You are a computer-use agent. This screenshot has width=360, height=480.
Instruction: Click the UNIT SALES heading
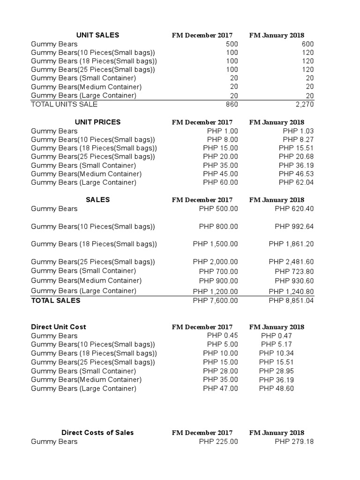point(97,35)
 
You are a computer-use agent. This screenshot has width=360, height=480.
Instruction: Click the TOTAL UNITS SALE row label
point(64,105)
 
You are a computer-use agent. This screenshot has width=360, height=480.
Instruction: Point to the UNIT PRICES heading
point(97,122)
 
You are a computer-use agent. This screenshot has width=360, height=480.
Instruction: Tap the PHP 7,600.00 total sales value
point(215,300)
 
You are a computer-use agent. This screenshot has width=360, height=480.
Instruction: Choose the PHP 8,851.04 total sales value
point(291,300)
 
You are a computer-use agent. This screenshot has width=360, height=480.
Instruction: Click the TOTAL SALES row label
point(55,300)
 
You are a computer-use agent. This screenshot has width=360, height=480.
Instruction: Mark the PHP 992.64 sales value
point(294,226)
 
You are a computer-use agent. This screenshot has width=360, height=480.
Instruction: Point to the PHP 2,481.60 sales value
point(291,262)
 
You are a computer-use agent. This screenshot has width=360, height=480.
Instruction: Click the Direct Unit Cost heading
point(59,327)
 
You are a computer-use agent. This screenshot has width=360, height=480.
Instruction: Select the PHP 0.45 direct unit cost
point(222,335)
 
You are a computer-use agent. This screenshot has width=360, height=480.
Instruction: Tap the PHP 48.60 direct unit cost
point(277,389)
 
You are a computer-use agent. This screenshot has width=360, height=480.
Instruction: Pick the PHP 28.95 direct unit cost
point(277,371)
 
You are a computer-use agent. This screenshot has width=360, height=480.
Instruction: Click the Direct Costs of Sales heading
point(97,433)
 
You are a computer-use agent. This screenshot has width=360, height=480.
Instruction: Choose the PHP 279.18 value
point(294,442)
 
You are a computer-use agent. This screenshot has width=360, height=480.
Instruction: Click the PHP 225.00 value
point(218,442)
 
